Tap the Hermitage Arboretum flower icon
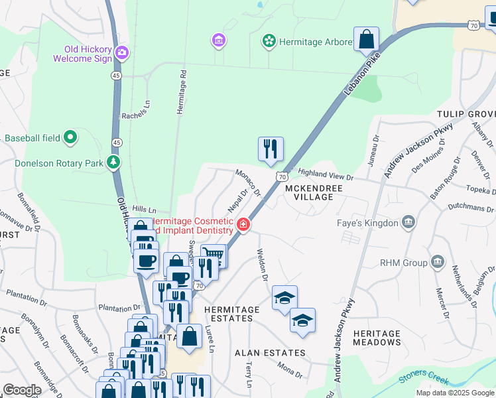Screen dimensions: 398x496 tap(269, 42)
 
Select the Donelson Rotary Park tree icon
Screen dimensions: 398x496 tap(114, 162)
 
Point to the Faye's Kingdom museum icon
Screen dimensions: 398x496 tap(408, 223)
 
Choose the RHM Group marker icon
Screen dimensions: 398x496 tap(437, 262)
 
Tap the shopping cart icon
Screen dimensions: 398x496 tap(213, 255)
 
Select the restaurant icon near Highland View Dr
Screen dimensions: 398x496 tap(271, 149)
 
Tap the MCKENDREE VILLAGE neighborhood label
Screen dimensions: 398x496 tap(309, 192)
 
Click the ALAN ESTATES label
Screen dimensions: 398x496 tap(270, 353)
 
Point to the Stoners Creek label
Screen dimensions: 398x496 tap(422, 379)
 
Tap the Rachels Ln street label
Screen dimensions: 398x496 tap(133, 113)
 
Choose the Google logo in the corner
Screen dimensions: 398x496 tap(22, 390)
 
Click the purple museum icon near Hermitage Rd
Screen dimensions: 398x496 tap(218, 41)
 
